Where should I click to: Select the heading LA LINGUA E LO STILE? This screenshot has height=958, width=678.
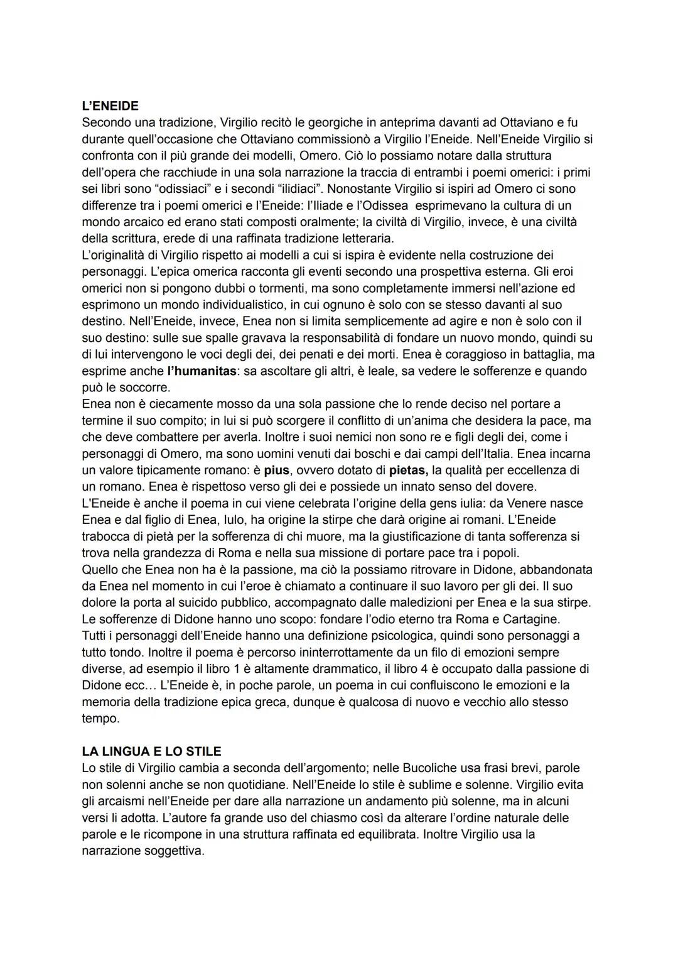tap(151, 751)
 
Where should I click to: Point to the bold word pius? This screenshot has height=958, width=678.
tap(276, 470)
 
